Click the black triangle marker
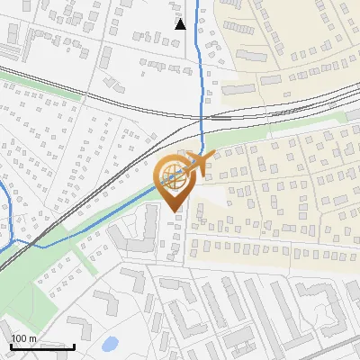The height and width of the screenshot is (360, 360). (181, 23)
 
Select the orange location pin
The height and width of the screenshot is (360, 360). (175, 180)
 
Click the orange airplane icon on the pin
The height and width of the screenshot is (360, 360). (200, 163)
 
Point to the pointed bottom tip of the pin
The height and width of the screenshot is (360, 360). (175, 210)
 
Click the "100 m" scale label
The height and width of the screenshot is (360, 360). (24, 337)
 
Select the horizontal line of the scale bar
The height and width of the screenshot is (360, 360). (42, 346)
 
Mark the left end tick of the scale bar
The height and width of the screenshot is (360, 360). (11, 345)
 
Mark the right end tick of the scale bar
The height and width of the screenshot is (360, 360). (74, 345)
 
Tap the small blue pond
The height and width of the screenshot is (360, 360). (110, 344)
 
